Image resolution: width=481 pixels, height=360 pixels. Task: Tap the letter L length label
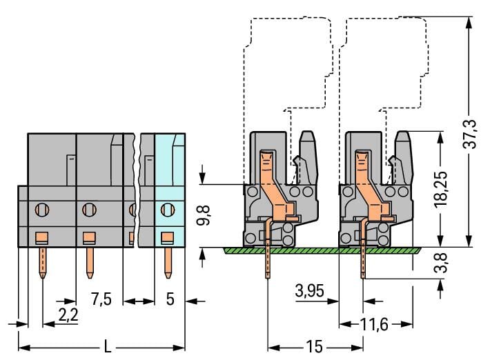click(x=107, y=346)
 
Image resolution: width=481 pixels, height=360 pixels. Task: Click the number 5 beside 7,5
click(x=170, y=299)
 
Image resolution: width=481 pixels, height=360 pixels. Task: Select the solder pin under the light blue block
click(x=167, y=262)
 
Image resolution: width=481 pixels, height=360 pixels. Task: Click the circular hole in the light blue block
click(x=166, y=208)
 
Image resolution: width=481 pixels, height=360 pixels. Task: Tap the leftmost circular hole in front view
click(x=41, y=208)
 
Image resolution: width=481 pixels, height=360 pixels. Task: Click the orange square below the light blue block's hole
click(x=166, y=238)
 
